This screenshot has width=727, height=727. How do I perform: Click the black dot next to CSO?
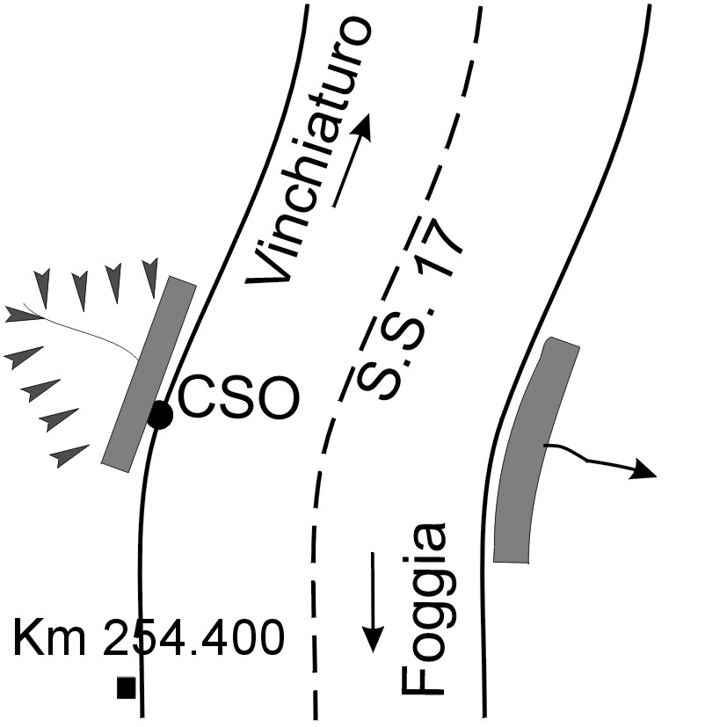160,415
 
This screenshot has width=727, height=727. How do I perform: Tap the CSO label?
238,398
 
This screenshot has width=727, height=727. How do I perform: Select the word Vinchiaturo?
309,154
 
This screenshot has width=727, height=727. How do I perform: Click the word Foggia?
424,608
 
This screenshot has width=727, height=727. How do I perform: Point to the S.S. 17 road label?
411,308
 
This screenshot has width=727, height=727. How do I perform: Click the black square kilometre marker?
127,687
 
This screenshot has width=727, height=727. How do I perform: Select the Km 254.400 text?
149,637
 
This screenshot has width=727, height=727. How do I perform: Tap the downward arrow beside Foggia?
374,602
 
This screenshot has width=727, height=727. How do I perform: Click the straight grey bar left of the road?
149,373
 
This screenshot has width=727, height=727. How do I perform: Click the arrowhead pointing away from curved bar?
643,471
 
